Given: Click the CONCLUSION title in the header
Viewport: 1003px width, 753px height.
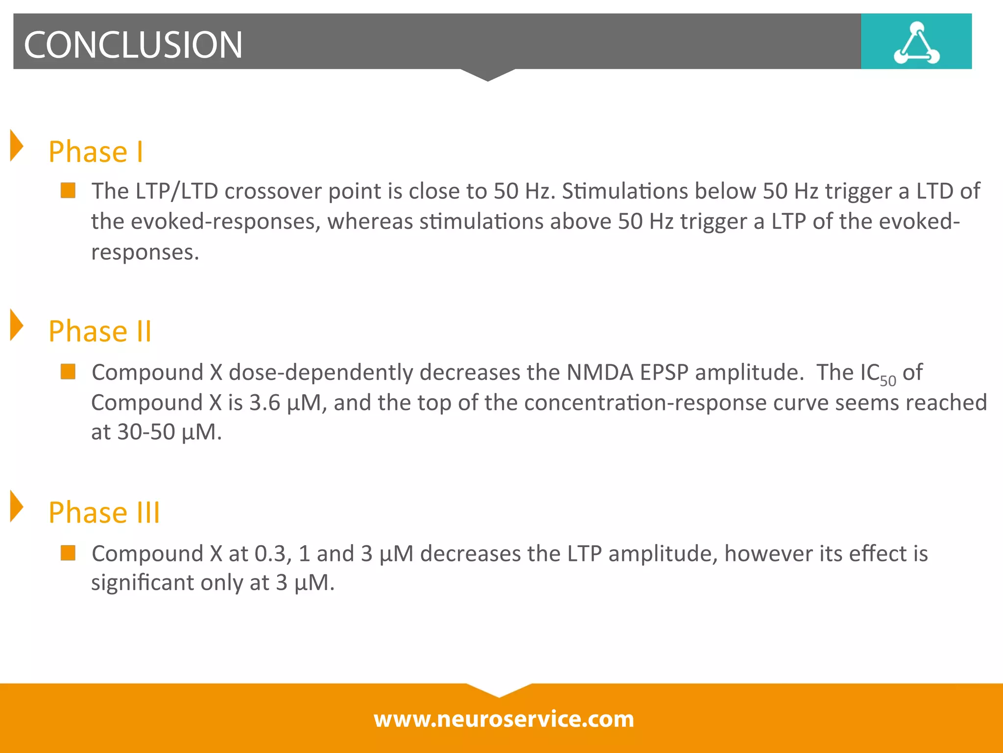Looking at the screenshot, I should point(133,45).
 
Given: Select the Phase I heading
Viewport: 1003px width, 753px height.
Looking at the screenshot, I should point(96,151).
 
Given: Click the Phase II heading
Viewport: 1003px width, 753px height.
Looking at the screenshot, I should point(100,331).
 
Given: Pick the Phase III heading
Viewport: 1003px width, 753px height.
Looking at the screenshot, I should point(104,513).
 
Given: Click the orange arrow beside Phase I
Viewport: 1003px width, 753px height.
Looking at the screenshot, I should point(17,146).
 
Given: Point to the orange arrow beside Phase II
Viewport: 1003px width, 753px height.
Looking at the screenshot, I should point(17,325).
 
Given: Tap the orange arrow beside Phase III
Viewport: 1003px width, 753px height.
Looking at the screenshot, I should point(17,506).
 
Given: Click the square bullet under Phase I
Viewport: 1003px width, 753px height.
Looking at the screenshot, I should point(68,190).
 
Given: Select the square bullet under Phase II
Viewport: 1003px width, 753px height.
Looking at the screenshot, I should point(68,372).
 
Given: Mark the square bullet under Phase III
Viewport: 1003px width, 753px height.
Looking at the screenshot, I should point(68,553).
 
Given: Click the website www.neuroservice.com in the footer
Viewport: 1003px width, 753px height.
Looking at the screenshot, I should point(503,719).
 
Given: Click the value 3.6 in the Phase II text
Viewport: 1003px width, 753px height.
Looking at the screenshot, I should point(264,403).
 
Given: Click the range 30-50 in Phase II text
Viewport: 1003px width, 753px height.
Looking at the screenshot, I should point(146,432).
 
